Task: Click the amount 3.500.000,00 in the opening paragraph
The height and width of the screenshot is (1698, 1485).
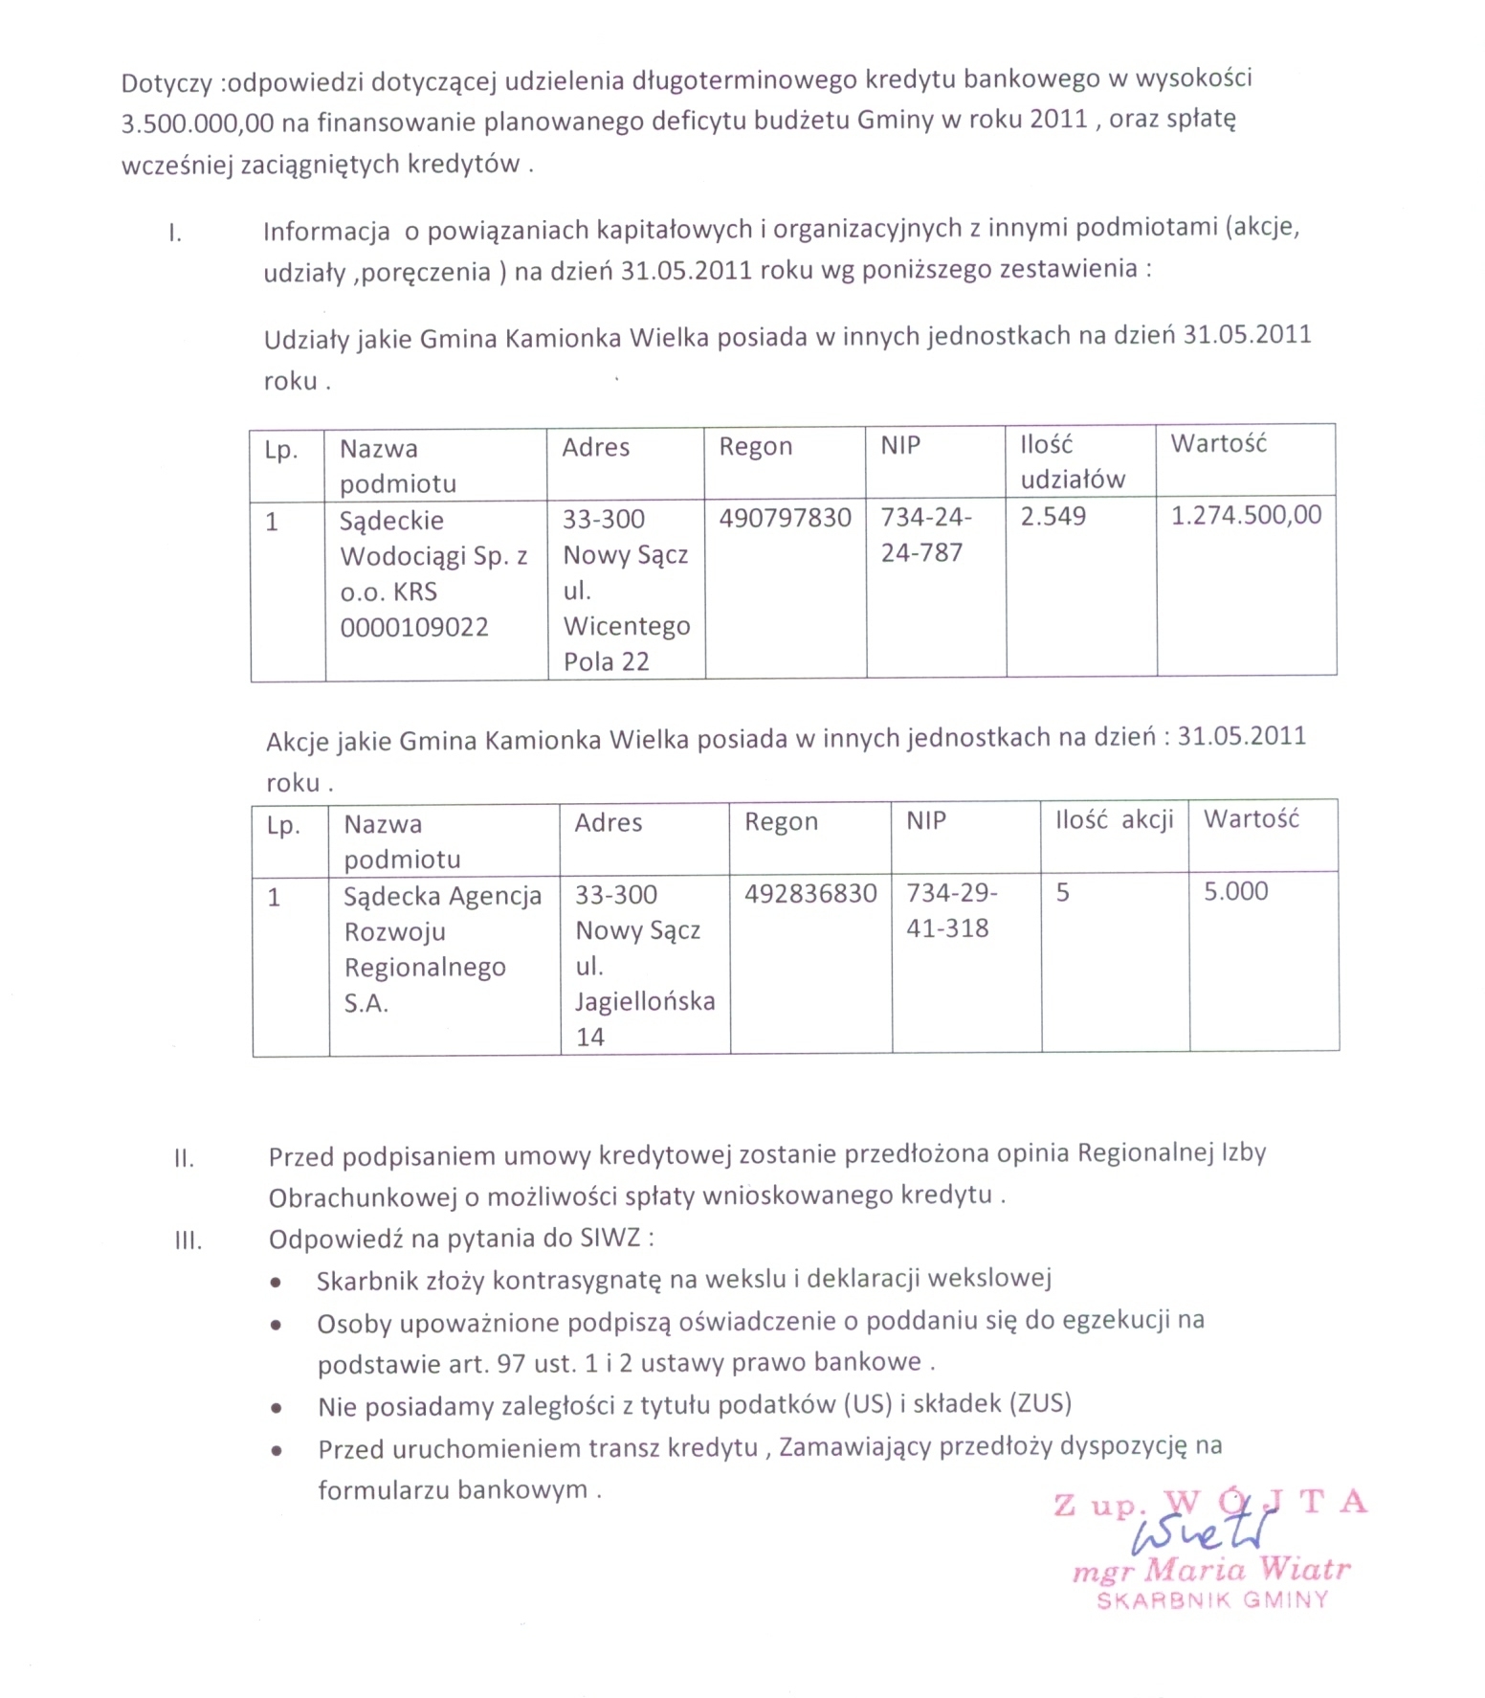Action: click(197, 123)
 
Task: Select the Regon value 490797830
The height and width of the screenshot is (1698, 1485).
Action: click(785, 518)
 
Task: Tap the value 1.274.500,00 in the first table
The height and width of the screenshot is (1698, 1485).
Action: click(1246, 515)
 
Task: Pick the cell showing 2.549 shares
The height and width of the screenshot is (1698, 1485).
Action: click(1053, 517)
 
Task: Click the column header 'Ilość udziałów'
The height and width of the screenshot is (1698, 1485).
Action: click(1073, 461)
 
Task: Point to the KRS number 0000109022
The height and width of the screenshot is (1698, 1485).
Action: click(414, 627)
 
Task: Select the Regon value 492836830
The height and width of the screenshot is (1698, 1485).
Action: click(810, 893)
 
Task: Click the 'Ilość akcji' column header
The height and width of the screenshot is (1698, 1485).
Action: click(1114, 820)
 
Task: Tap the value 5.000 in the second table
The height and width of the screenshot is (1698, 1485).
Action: click(1235, 891)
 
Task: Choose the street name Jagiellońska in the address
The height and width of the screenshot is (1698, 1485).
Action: click(645, 1001)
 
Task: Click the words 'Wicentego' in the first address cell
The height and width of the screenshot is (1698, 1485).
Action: click(627, 626)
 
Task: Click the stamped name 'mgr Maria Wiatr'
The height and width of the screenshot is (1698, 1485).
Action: click(1210, 1571)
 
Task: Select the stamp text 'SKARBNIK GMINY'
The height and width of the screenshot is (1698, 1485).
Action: click(1212, 1600)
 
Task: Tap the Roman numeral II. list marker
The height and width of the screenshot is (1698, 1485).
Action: click(184, 1159)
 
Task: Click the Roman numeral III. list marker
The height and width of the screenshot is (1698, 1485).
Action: click(188, 1241)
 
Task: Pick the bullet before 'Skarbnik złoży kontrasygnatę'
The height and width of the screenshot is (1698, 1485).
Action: click(276, 1282)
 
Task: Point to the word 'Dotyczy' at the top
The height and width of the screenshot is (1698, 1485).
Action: click(166, 83)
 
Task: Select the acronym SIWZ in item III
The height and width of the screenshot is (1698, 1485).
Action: click(610, 1238)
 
